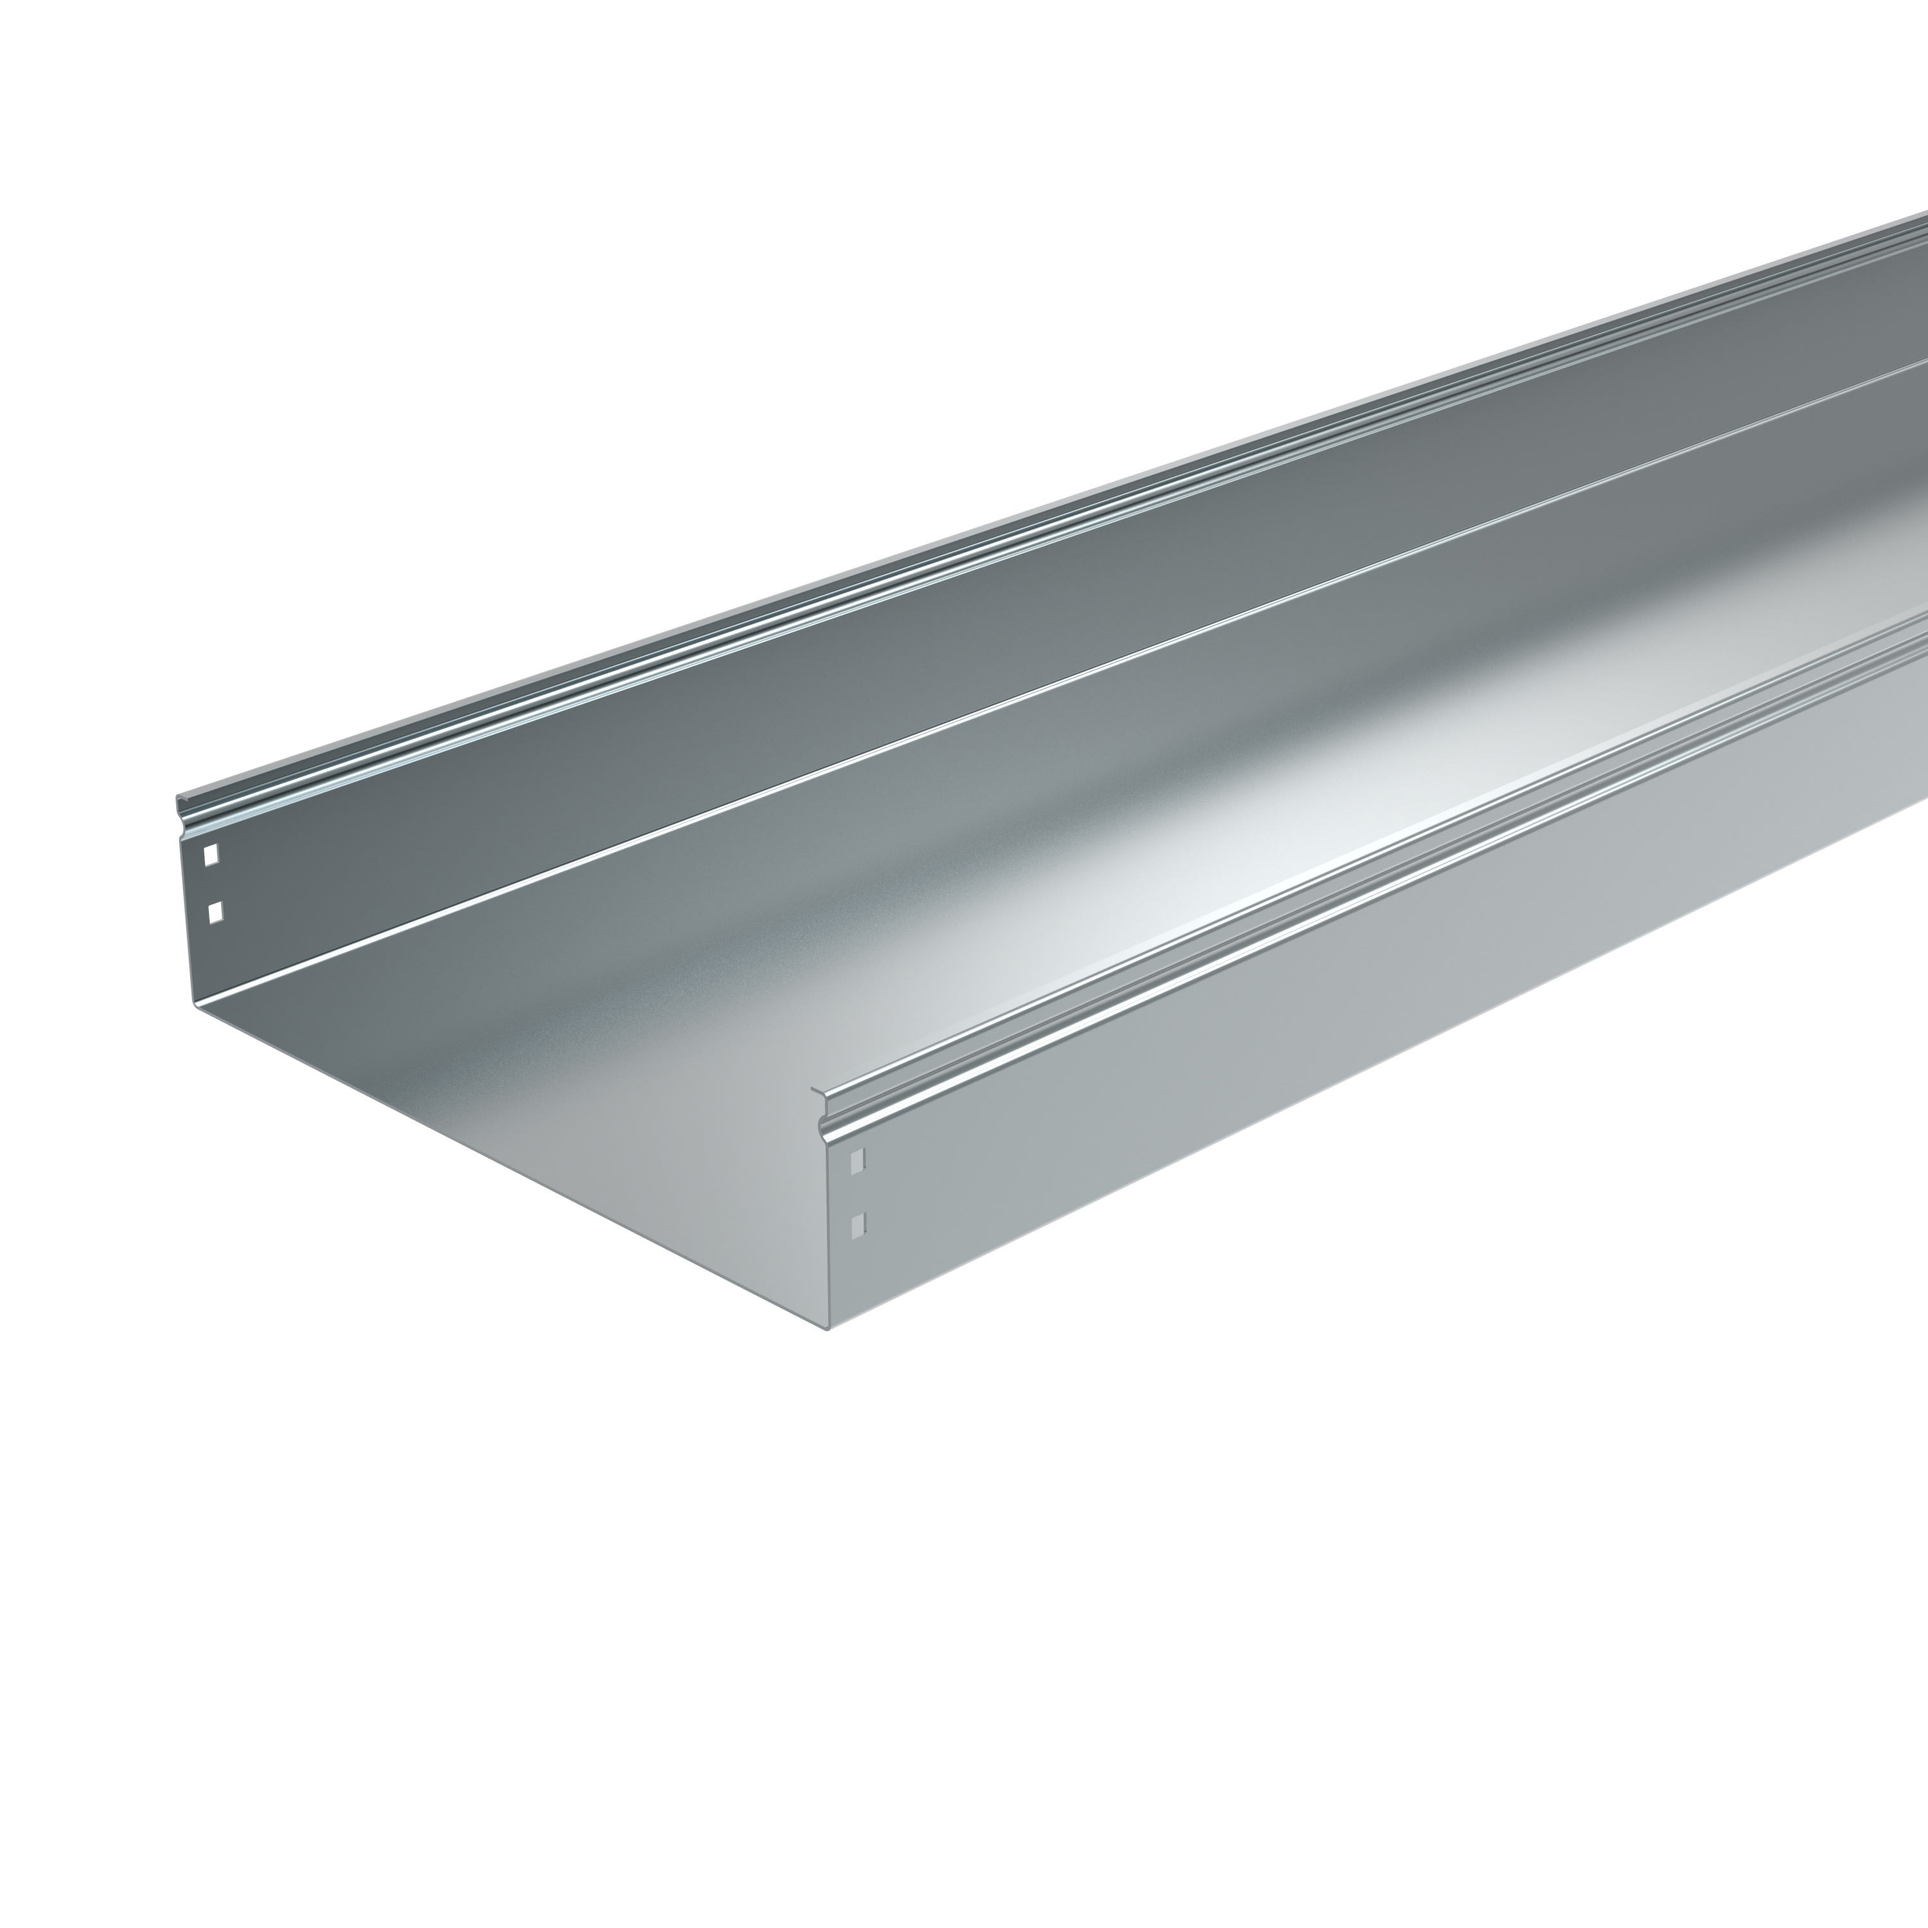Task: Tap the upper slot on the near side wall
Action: (855, 1159)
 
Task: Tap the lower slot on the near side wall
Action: (855, 1224)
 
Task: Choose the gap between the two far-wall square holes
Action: (211, 882)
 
